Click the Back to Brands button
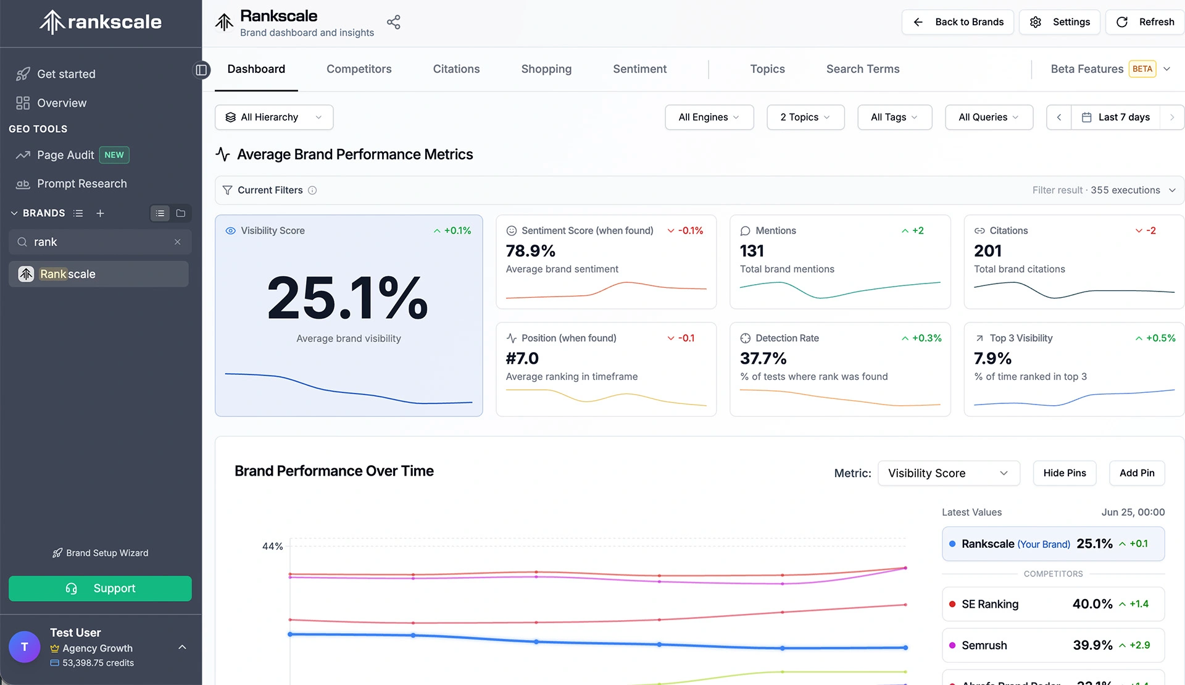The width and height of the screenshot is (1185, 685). point(957,22)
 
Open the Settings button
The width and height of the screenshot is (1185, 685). point(1059,22)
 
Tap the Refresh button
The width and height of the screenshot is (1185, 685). point(1145,22)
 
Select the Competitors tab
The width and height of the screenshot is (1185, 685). point(359,69)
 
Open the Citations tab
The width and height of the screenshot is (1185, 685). point(456,69)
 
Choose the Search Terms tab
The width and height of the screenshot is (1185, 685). point(863,69)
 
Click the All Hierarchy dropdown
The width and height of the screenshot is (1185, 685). point(274,117)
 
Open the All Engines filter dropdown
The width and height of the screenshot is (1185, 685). point(709,117)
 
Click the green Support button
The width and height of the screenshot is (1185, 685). point(100,589)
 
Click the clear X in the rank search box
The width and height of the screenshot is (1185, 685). point(178,242)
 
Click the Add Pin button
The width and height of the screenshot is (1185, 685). point(1137,473)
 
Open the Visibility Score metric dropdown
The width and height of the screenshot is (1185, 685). point(949,473)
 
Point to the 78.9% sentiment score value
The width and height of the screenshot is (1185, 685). point(531,251)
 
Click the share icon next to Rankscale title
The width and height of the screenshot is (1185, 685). point(394,23)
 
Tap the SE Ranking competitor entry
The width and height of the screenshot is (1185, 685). point(1053,604)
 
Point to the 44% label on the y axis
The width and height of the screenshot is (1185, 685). point(272,547)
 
